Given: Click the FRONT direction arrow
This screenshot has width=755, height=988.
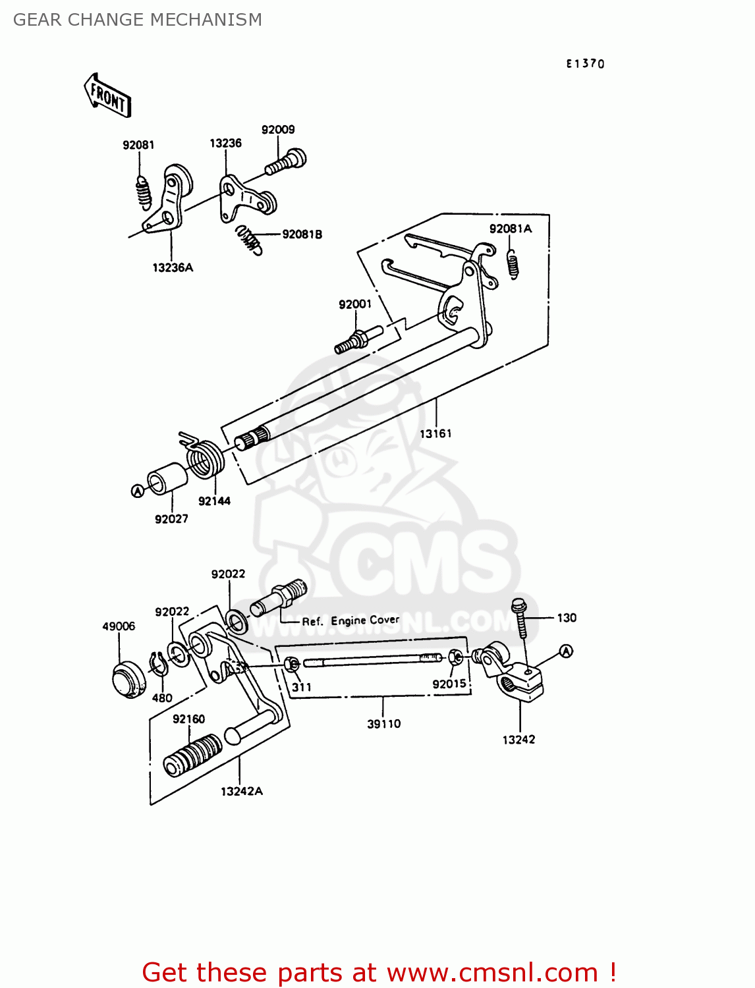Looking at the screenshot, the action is pyautogui.click(x=108, y=96).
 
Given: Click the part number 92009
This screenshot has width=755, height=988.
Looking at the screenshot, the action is pyautogui.click(x=277, y=130).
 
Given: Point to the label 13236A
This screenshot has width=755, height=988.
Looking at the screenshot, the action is pyautogui.click(x=173, y=267).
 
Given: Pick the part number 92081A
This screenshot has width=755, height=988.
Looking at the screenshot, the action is pyautogui.click(x=510, y=229).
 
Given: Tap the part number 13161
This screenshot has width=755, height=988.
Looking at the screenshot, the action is pyautogui.click(x=435, y=433).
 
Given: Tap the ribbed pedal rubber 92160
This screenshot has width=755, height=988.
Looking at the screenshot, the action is pyautogui.click(x=193, y=755).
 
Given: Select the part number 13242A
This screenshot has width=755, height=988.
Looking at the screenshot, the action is pyautogui.click(x=241, y=791).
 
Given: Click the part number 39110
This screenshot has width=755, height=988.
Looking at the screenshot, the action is pyautogui.click(x=383, y=724).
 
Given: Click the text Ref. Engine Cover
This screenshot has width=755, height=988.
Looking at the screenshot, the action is pyautogui.click(x=350, y=620).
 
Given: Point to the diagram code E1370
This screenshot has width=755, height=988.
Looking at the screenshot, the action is pyautogui.click(x=585, y=63).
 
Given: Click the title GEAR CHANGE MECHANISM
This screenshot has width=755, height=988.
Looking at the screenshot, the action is pyautogui.click(x=138, y=20).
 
